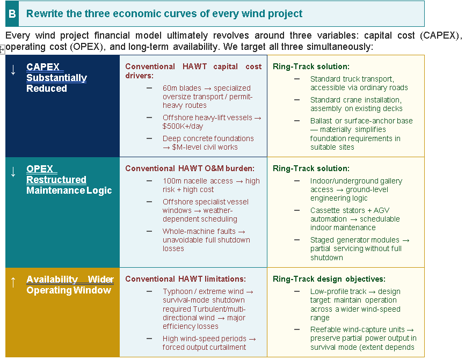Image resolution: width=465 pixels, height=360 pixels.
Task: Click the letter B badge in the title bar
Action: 12,14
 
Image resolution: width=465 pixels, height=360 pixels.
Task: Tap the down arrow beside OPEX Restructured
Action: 13,172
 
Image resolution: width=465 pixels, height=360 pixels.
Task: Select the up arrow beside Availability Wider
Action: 13,282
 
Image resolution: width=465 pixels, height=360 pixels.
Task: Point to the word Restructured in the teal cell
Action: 56,180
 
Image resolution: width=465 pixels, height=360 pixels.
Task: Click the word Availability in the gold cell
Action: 52,280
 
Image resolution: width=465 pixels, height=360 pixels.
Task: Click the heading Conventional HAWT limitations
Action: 185,279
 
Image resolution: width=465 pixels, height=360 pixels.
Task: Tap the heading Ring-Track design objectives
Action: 329,279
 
